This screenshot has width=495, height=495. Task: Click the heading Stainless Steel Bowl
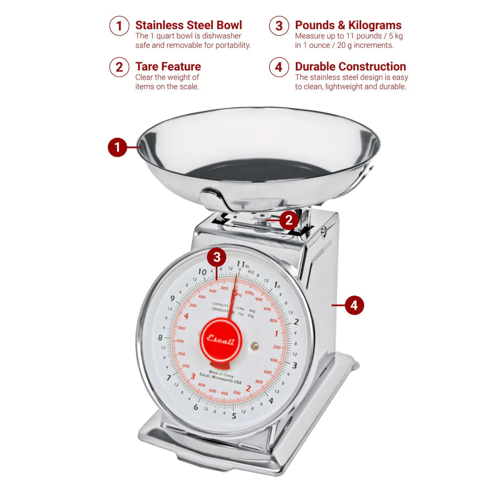[x=188, y=25]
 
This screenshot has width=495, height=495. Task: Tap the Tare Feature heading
[x=168, y=67]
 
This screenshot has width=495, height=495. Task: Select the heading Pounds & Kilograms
[x=348, y=25]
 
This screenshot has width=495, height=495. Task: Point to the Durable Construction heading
[x=350, y=67]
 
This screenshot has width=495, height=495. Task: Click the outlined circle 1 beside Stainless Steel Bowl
[x=119, y=26]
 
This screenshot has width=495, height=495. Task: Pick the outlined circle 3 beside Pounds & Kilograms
[x=279, y=26]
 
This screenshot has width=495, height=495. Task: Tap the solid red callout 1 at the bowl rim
[x=117, y=147]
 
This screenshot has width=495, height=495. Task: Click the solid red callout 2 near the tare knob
[x=289, y=221]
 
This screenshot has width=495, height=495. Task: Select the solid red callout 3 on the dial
[x=217, y=257]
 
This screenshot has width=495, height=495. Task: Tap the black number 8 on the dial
[x=161, y=338]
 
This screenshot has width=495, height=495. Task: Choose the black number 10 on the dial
[x=202, y=272]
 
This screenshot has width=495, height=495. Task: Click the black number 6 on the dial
[x=196, y=407]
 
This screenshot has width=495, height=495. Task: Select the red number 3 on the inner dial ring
[x=193, y=376]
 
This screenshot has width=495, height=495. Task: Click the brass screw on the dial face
[x=255, y=345]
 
